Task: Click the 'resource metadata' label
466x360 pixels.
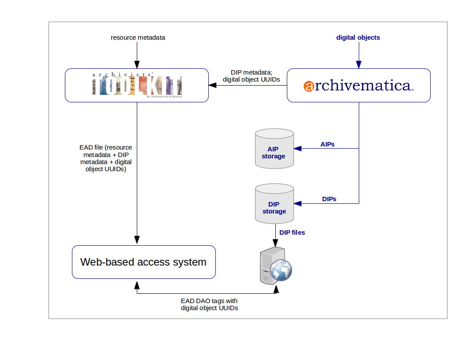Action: click(x=138, y=37)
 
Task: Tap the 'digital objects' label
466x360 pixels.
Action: click(x=358, y=37)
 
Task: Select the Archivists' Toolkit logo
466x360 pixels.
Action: click(x=137, y=85)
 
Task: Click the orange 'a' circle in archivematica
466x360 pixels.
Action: click(x=309, y=86)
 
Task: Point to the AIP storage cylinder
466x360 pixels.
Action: click(x=274, y=149)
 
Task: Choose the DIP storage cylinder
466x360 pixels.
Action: click(x=274, y=204)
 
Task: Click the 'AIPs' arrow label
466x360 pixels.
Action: click(x=327, y=144)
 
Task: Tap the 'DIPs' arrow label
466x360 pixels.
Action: click(x=329, y=199)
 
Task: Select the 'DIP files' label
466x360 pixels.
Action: click(x=292, y=232)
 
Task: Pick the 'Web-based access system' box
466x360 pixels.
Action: click(x=143, y=262)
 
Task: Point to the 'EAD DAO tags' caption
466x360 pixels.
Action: click(x=209, y=304)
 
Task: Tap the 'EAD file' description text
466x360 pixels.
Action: click(x=105, y=158)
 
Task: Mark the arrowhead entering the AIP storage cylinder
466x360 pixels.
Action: click(x=297, y=148)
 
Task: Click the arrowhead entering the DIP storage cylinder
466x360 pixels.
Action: click(x=297, y=203)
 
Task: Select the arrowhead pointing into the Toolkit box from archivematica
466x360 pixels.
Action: click(x=212, y=85)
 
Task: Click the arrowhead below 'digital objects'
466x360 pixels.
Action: click(x=358, y=65)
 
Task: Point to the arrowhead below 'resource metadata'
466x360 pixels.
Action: click(x=137, y=65)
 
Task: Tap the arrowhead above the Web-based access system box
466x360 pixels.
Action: click(x=137, y=240)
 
